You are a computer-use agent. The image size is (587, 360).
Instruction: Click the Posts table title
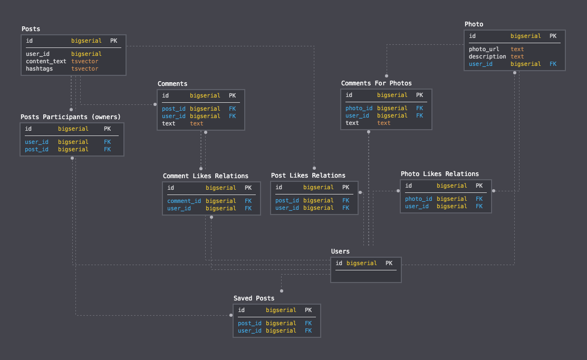[31, 29]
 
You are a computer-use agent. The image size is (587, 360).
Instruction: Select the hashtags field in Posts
[39, 69]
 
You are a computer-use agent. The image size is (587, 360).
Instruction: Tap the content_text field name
[46, 61]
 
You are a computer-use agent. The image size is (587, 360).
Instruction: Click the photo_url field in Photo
[484, 49]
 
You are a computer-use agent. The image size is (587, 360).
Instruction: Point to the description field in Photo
[487, 56]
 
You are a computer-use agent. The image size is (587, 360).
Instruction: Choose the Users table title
[340, 251]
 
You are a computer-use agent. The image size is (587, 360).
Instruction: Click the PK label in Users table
[389, 263]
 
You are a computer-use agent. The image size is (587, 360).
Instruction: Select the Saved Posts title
[254, 298]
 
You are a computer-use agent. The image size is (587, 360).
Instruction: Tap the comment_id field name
[184, 201]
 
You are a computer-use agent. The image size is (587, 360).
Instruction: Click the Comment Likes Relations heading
[205, 176]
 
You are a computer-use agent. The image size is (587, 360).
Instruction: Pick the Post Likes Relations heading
[308, 176]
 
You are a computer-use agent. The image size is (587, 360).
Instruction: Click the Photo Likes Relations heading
[439, 174]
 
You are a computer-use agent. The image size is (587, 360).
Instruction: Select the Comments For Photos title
[376, 83]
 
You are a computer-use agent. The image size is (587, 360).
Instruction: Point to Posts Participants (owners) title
[70, 116]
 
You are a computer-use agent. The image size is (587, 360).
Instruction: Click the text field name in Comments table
[169, 123]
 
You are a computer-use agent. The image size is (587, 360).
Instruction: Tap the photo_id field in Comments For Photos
[359, 108]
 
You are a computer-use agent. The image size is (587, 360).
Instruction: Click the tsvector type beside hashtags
[84, 69]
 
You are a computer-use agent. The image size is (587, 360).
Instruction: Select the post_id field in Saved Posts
[249, 323]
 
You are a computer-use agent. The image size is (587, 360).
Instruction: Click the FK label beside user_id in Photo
[553, 64]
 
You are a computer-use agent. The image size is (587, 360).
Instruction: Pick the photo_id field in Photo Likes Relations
[418, 199]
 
